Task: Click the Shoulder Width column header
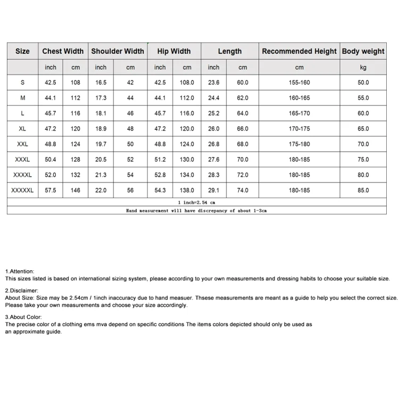[118, 51]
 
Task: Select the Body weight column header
[363, 51]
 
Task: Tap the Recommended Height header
[299, 51]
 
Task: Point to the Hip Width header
[174, 51]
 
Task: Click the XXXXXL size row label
[22, 190]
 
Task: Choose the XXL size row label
[22, 144]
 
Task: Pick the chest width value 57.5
[51, 190]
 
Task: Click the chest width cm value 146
[76, 190]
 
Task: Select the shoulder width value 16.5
[101, 82]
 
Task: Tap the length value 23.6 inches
[214, 82]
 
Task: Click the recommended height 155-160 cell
[299, 82]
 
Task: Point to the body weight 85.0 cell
[363, 190]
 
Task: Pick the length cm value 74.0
[243, 190]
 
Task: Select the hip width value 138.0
[187, 190]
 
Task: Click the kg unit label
[363, 68]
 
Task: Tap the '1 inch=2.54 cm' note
[196, 202]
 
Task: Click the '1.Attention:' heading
[20, 271]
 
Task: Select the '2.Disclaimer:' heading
[22, 291]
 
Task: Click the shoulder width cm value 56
[130, 190]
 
